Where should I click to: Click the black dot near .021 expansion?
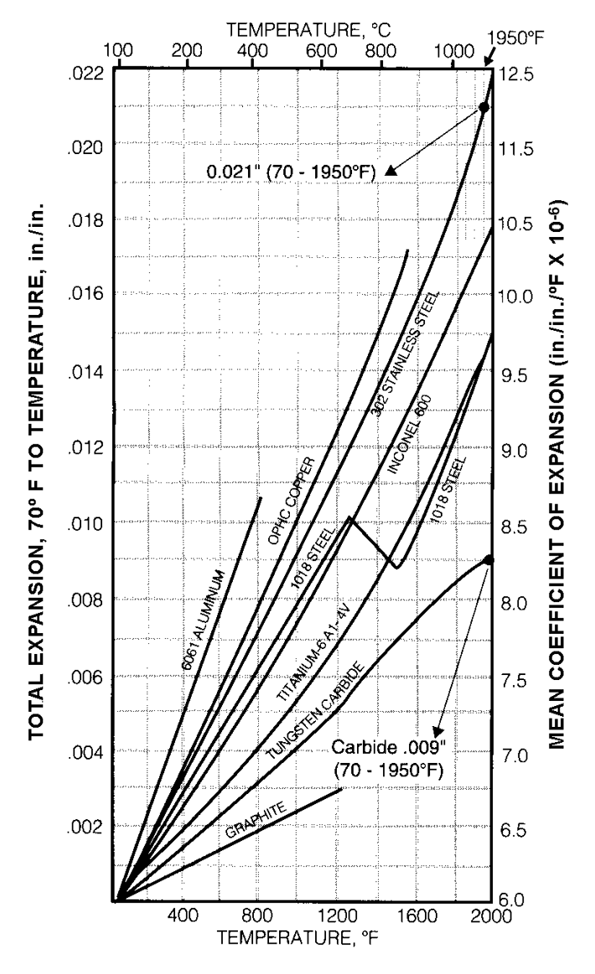click(484, 106)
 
